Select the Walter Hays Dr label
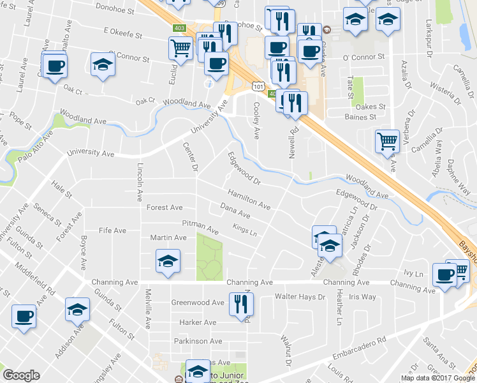300,297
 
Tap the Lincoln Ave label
140,181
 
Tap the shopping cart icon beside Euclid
181,47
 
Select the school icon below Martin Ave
168,260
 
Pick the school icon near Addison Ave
77,309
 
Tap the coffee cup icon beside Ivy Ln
444,274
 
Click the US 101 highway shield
258,85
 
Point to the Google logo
21,375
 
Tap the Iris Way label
362,297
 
